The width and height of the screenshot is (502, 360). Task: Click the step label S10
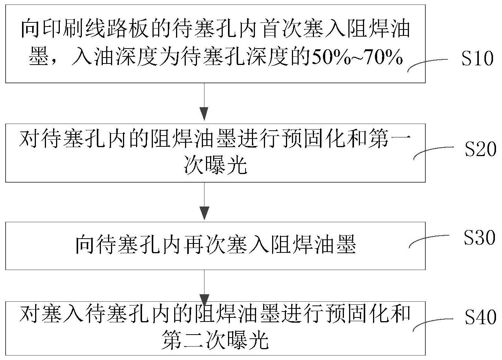tap(477, 59)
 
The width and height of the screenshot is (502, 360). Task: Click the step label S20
tap(480, 149)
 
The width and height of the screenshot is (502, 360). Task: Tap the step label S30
tap(480, 237)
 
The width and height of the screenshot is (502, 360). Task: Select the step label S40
tap(480, 317)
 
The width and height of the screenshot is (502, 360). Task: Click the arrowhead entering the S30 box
tap(204, 213)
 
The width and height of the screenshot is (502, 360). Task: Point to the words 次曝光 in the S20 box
tap(215, 165)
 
